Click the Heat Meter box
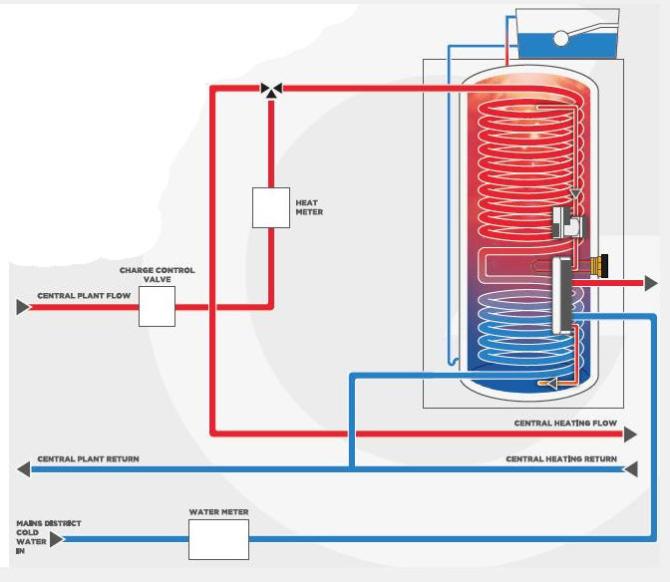[270, 207]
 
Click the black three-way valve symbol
[270, 89]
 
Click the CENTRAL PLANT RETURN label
[88, 459]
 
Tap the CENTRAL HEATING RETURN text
[561, 459]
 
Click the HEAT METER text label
[309, 207]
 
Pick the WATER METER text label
[218, 512]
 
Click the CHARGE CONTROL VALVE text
[157, 275]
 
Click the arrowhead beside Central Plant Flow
[22, 307]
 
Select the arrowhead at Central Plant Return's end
[22, 468]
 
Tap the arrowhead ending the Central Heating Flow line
[630, 434]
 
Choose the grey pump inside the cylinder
[567, 222]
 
